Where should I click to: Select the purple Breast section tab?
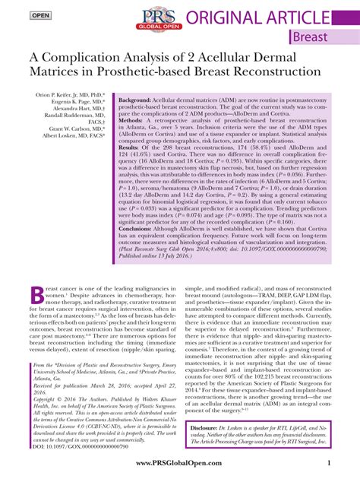click(310, 36)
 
